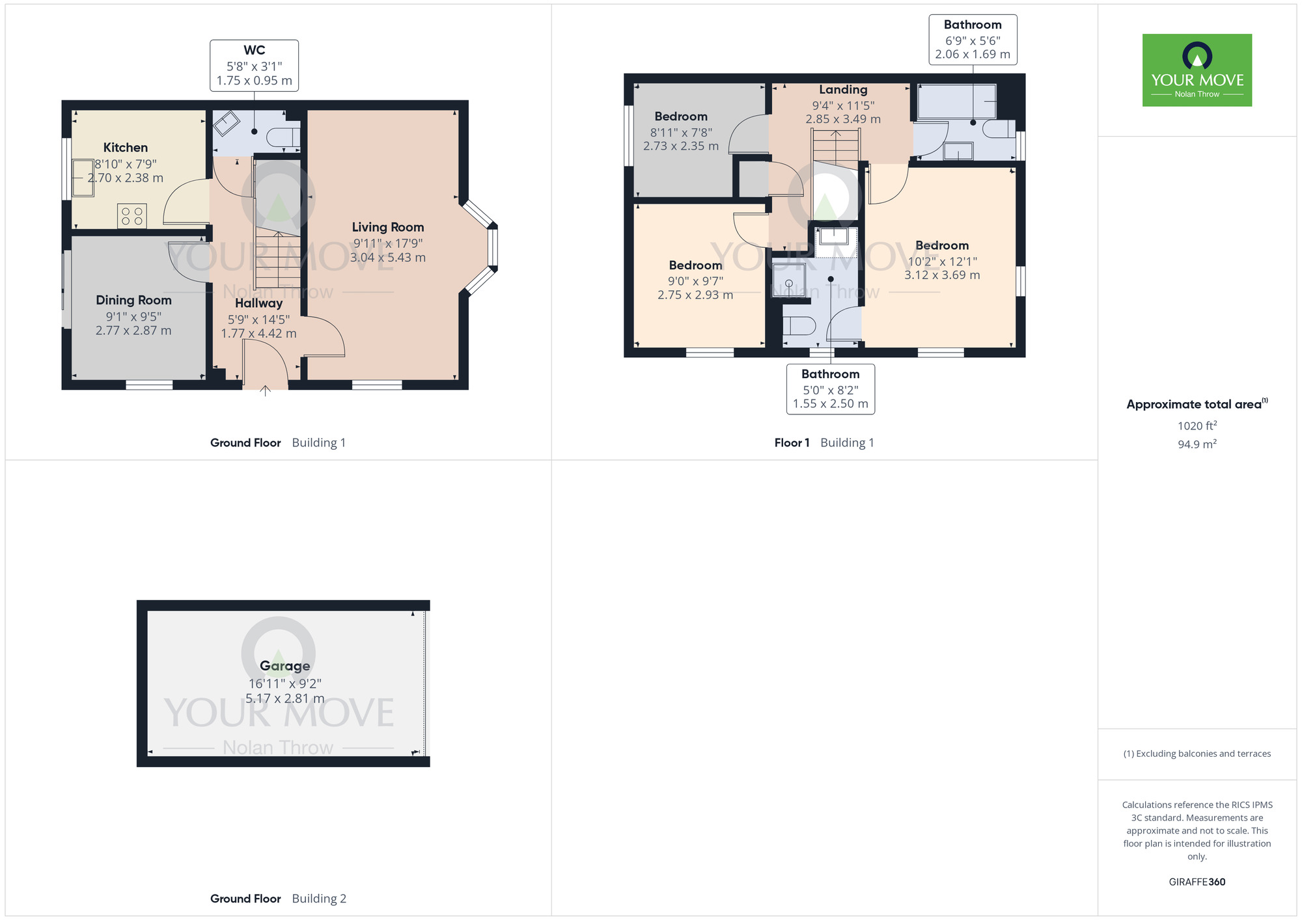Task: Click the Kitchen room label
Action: point(125,148)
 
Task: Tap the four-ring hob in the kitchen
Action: point(132,216)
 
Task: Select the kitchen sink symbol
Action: point(83,177)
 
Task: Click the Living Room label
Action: point(387,227)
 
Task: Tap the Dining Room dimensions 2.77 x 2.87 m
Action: point(133,331)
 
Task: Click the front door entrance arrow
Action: point(265,391)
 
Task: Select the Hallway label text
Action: point(258,303)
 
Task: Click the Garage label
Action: point(284,666)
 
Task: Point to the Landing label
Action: point(843,90)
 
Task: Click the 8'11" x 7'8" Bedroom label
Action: point(681,116)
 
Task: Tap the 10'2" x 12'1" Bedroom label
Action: point(942,245)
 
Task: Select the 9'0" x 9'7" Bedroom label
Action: point(695,265)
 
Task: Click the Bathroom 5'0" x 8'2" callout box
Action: point(830,388)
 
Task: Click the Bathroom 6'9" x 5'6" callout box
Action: point(973,40)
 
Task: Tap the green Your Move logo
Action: point(1197,70)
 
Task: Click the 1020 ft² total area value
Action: point(1197,426)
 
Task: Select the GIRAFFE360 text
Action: point(1197,882)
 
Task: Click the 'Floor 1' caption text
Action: point(792,443)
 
